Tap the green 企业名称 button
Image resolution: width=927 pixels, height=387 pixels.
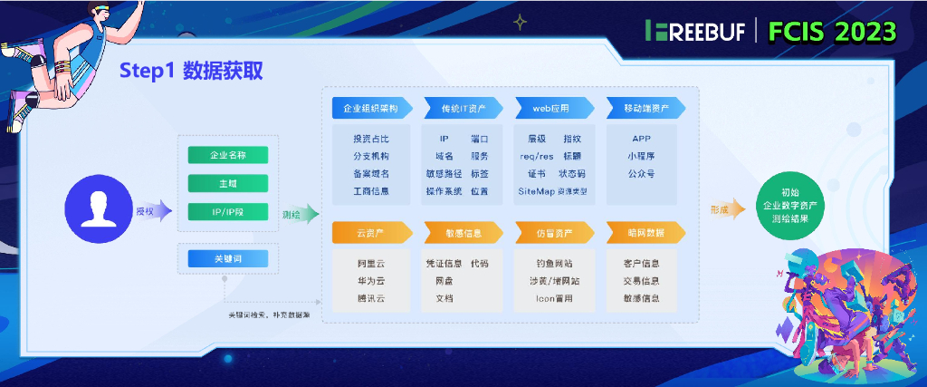click(227, 155)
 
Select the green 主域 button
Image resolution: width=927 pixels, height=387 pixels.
click(227, 183)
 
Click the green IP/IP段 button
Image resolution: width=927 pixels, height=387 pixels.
click(227, 212)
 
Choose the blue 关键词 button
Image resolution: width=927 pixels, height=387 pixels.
click(227, 259)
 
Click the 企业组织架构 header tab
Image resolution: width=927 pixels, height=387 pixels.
click(371, 108)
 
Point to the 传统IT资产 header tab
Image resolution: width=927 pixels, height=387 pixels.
click(463, 108)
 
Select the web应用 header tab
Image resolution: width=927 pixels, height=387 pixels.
click(551, 108)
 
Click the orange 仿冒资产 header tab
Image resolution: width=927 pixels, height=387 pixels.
click(552, 233)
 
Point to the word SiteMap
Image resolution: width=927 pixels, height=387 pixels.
click(536, 191)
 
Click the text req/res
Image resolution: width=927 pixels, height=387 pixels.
click(536, 156)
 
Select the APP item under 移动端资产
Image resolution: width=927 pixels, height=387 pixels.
click(642, 139)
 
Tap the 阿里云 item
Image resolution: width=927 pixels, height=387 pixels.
click(371, 263)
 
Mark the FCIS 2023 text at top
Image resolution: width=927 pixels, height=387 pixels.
click(832, 31)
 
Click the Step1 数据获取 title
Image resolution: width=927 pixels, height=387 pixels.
click(192, 72)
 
